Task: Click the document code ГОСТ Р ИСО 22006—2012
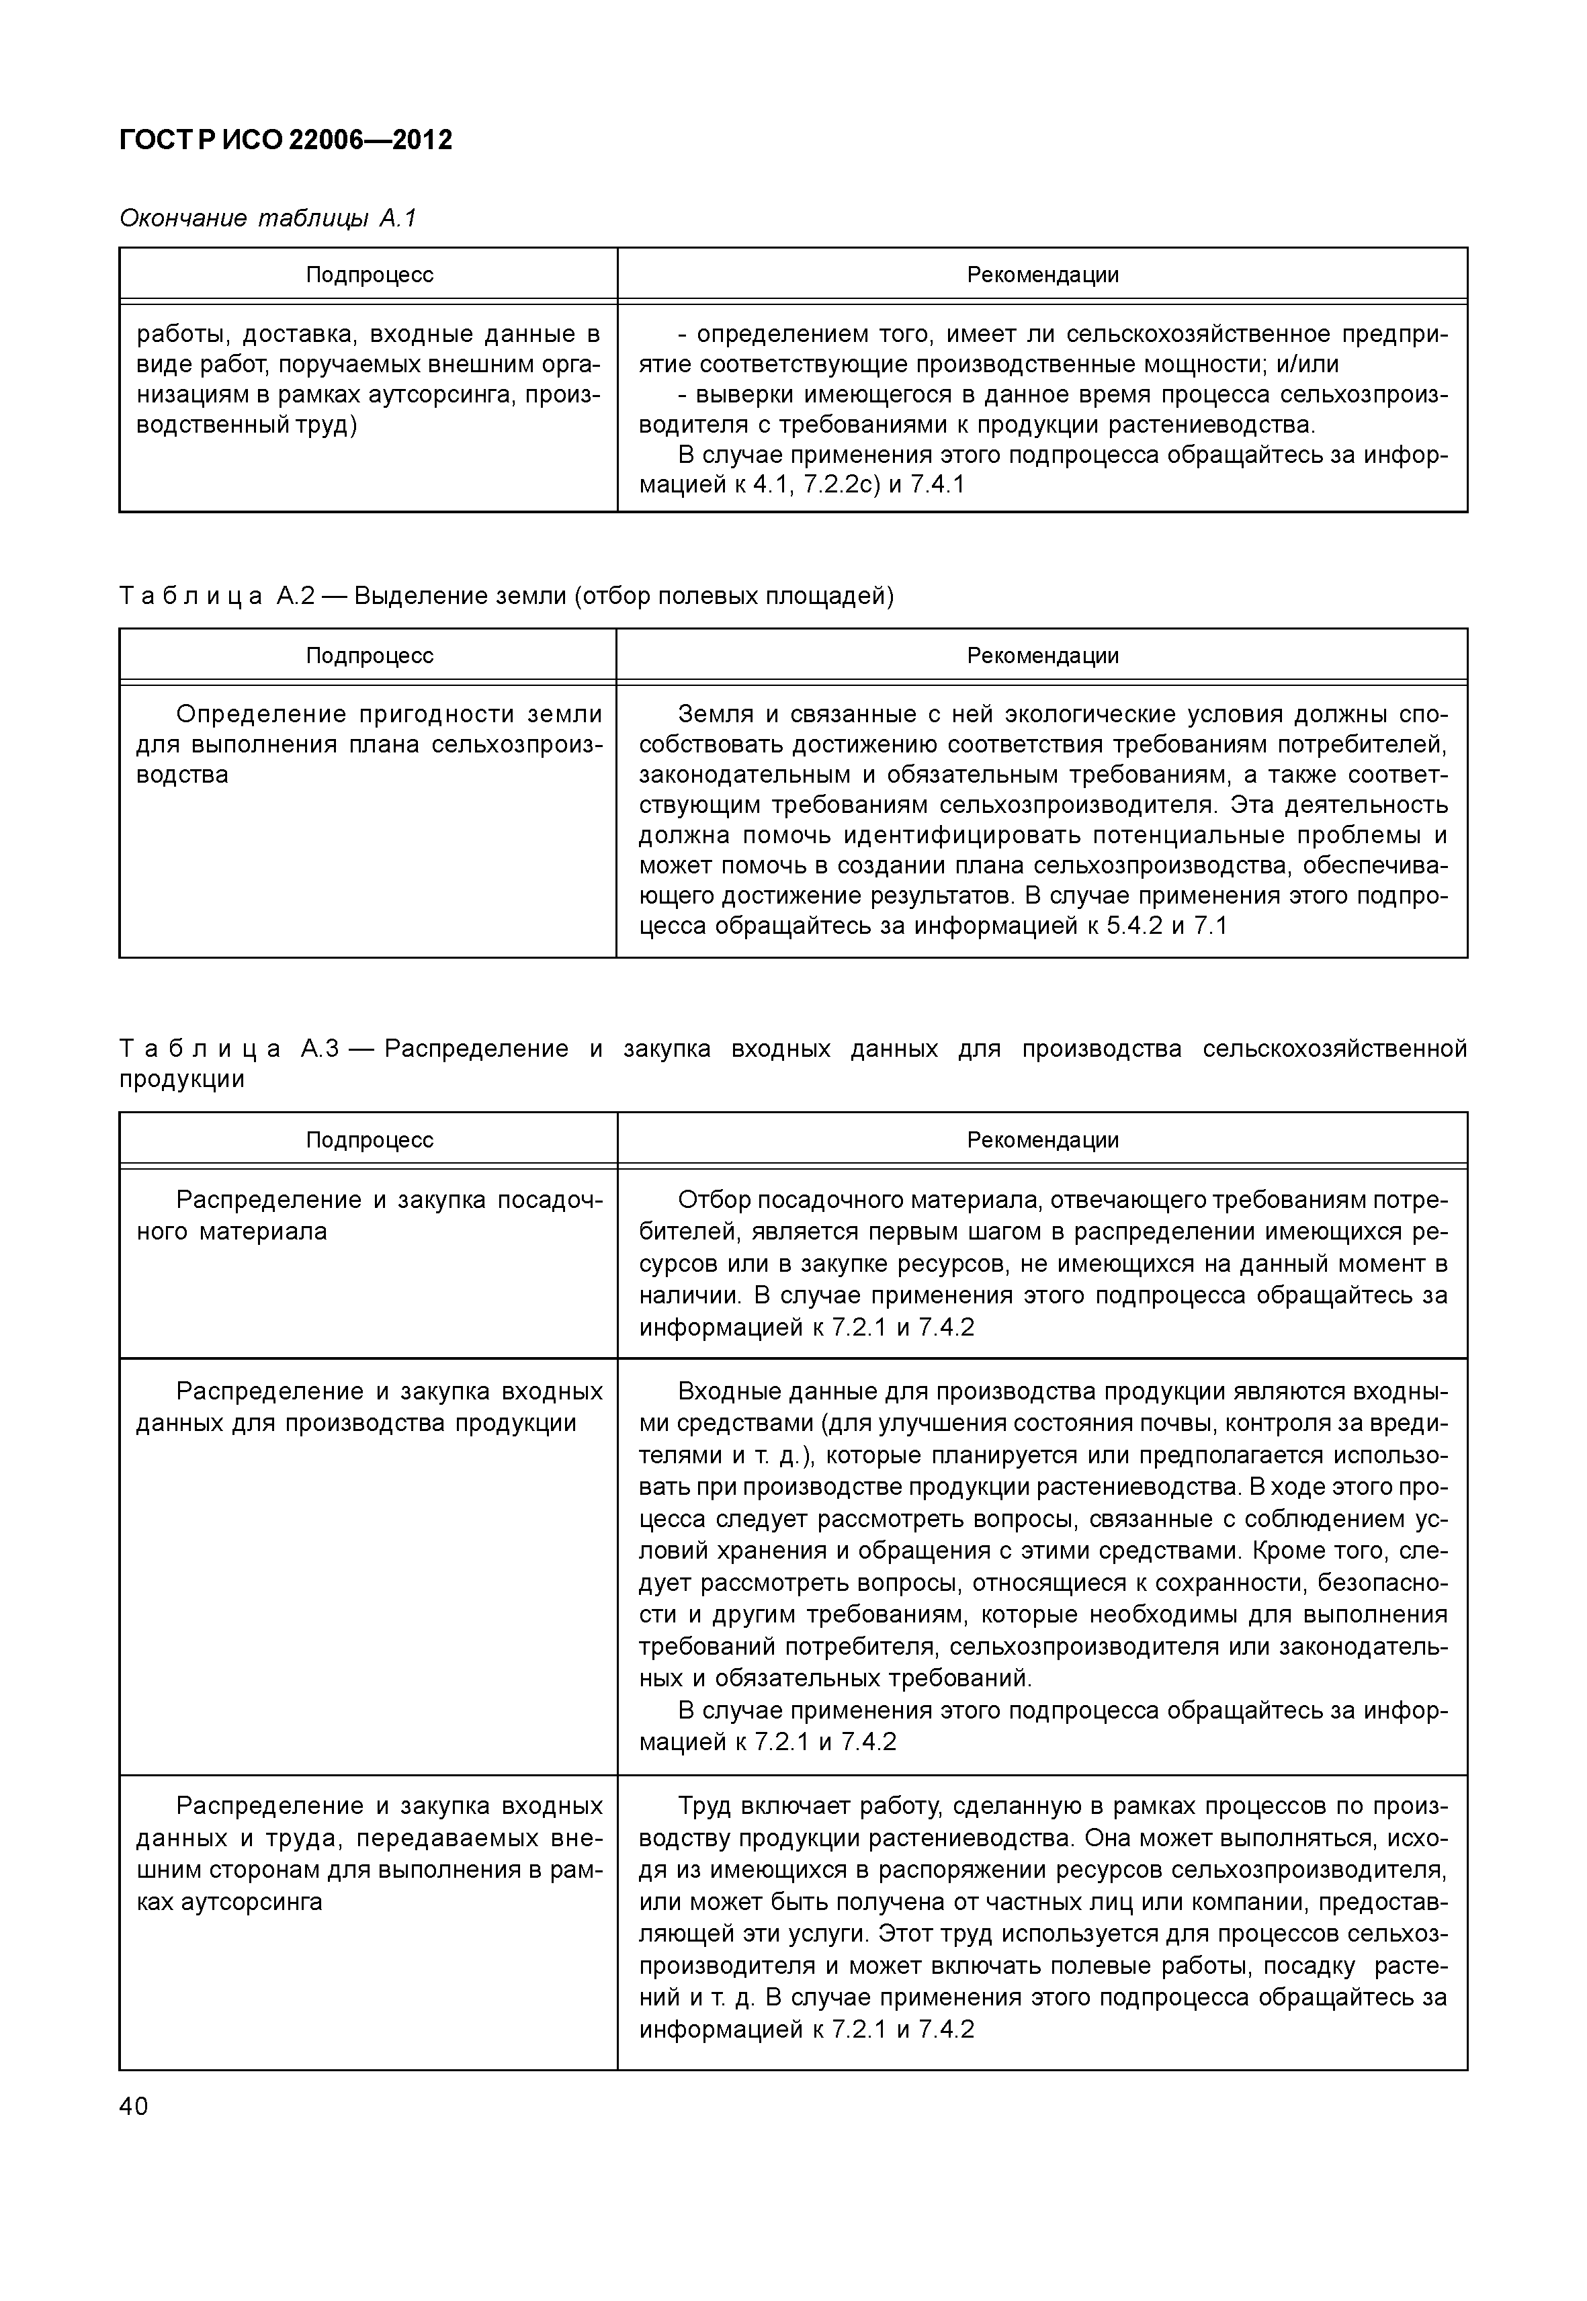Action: (x=286, y=140)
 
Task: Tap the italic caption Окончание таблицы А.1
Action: (x=267, y=218)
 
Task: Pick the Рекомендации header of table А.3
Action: (x=1042, y=1139)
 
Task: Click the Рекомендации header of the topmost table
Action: (x=1042, y=275)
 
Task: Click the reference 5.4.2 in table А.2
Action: (x=1133, y=926)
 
